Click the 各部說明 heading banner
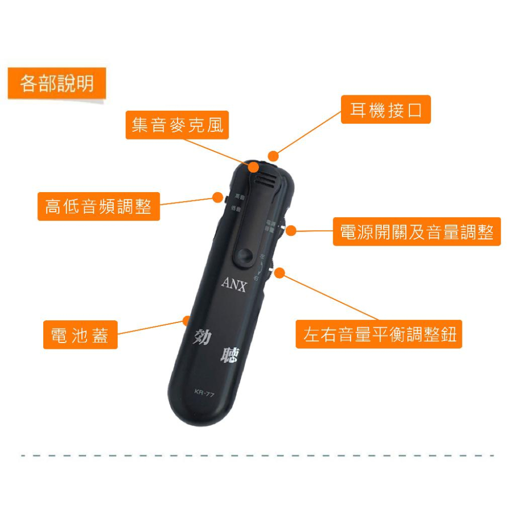[x=57, y=83]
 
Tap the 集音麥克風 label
[x=177, y=125]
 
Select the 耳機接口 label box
[x=386, y=109]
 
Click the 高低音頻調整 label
[x=98, y=207]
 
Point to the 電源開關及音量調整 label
[x=417, y=232]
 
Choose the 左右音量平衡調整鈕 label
[x=379, y=334]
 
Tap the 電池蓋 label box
[x=80, y=335]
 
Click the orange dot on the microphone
[x=253, y=167]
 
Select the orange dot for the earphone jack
[x=273, y=156]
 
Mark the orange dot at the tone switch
[x=217, y=197]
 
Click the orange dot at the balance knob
[x=280, y=273]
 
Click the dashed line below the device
[x=257, y=455]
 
